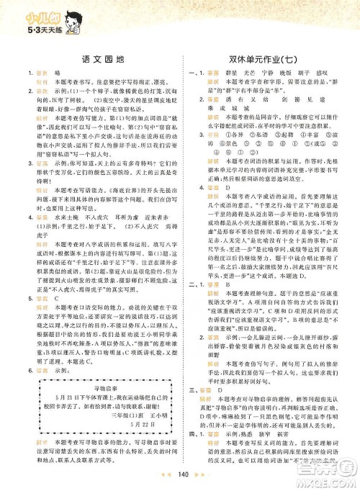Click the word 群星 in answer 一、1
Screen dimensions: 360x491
pyautogui.click(x=233, y=75)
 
